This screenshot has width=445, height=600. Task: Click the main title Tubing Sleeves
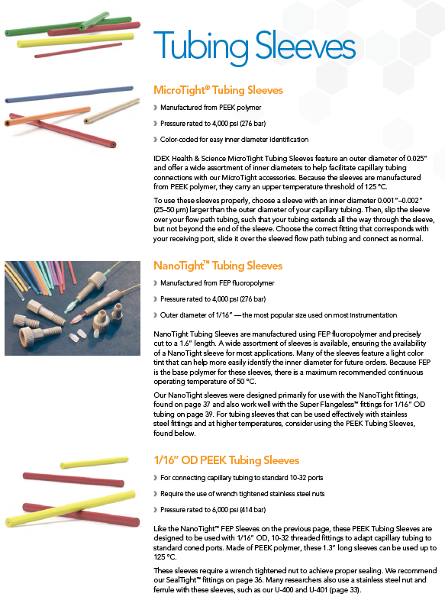254,47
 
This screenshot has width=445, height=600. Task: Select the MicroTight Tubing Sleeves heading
218,90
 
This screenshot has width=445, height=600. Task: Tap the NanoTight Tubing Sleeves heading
218,266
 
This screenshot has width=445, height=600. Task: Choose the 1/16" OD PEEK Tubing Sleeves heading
226,460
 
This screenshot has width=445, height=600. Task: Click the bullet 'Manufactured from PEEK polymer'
211,108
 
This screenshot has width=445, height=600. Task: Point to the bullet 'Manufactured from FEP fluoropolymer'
217,283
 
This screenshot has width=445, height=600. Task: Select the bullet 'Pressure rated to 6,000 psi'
213,510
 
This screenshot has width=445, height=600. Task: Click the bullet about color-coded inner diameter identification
234,140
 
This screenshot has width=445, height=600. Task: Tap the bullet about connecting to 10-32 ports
241,478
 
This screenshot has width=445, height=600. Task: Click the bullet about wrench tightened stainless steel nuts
242,494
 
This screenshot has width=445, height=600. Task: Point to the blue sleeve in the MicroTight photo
69,94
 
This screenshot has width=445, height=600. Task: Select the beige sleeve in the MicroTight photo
111,111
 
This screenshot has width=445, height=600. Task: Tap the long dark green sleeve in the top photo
68,26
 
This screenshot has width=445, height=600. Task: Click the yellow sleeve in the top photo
76,40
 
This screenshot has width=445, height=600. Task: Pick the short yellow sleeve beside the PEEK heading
94,463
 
